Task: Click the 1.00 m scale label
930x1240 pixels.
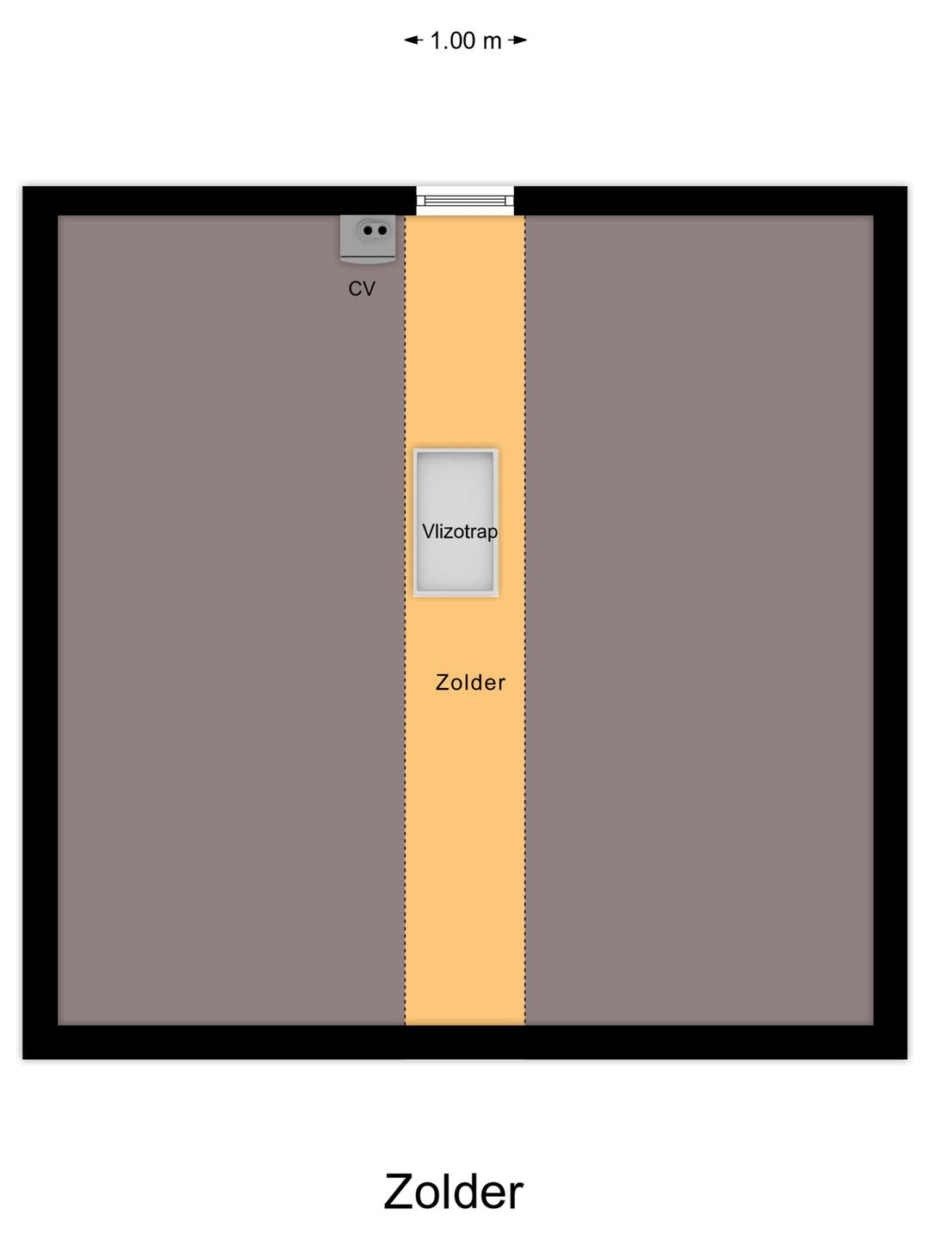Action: pyautogui.click(x=466, y=40)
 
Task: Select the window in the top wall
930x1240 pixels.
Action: pyautogui.click(x=465, y=201)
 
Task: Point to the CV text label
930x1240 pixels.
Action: pyautogui.click(x=362, y=288)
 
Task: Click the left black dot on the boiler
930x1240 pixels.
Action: pyautogui.click(x=369, y=231)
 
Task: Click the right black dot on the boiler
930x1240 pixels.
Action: pyautogui.click(x=381, y=231)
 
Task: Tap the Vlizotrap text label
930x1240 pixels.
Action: pyautogui.click(x=460, y=532)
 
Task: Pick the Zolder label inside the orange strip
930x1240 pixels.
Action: pyautogui.click(x=470, y=683)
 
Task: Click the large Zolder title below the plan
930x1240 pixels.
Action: pyautogui.click(x=453, y=1192)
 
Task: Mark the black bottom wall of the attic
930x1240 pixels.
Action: pyautogui.click(x=465, y=1042)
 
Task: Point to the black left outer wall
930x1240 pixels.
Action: pyautogui.click(x=40, y=620)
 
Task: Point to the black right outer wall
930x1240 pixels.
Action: pyautogui.click(x=890, y=620)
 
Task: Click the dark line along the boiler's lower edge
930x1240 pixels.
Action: pyautogui.click(x=368, y=257)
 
